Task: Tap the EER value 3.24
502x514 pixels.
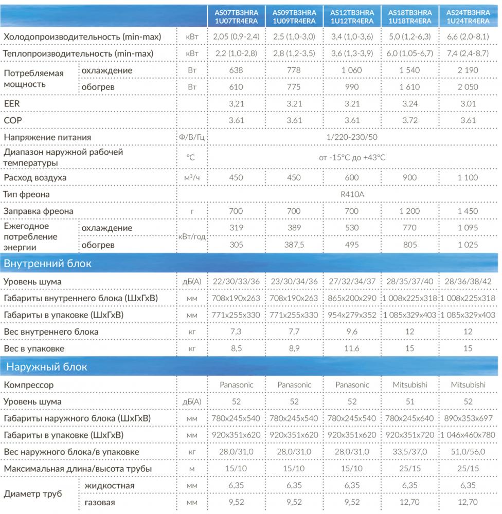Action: [x=410, y=104]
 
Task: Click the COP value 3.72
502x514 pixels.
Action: [x=410, y=121]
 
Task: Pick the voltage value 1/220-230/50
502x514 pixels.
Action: [x=352, y=137]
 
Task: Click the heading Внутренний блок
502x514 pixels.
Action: [x=47, y=264]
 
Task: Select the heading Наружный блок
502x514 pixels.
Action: [x=46, y=367]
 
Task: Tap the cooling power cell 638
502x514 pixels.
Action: [x=236, y=70]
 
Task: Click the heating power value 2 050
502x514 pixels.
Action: [x=468, y=87]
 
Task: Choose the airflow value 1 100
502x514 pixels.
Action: [x=468, y=178]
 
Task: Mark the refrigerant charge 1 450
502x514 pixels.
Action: [x=468, y=211]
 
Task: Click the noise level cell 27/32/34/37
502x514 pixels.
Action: [x=352, y=282]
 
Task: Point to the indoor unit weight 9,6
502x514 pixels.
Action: [x=352, y=332]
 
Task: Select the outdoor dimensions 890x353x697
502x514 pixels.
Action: [x=468, y=418]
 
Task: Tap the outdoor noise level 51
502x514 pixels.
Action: [x=410, y=401]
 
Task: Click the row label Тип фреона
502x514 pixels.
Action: [x=27, y=195]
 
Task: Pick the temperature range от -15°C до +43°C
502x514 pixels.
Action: [x=352, y=158]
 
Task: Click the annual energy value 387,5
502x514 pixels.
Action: [x=294, y=245]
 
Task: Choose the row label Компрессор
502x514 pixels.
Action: [x=28, y=384]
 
